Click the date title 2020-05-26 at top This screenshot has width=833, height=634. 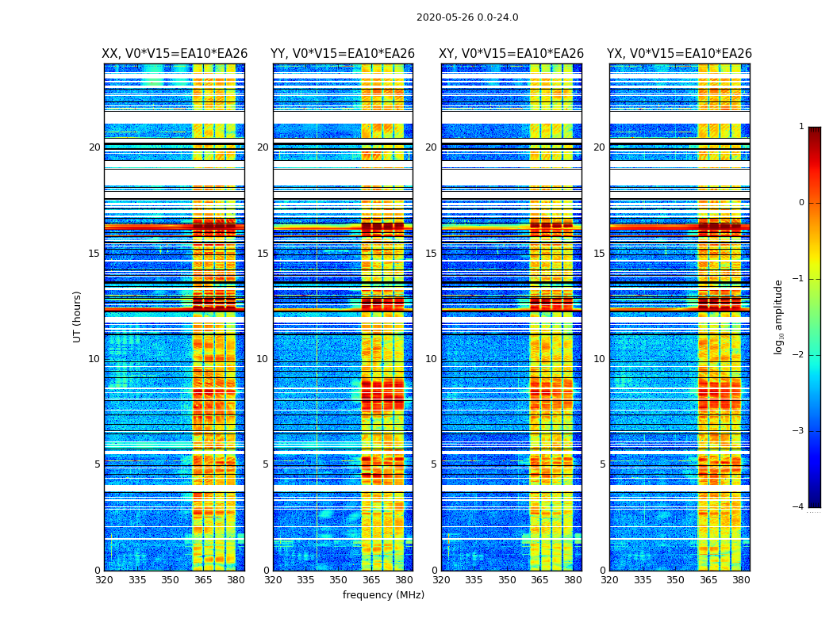tap(466, 17)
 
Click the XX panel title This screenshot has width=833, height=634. tap(175, 54)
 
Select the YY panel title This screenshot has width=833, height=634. tap(343, 54)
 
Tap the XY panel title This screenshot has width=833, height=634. tap(511, 54)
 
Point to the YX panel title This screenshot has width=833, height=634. tap(679, 54)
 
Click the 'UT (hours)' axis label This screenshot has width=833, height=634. tap(78, 316)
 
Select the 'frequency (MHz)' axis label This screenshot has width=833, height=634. tap(383, 595)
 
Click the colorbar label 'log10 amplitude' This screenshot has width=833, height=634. tap(779, 316)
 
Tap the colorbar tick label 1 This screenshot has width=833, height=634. tap(801, 127)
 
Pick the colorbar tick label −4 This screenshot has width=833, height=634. tap(799, 507)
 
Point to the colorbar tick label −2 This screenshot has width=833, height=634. tap(799, 355)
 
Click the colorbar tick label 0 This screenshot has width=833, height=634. tap(801, 203)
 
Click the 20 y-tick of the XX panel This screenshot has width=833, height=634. tap(94, 147)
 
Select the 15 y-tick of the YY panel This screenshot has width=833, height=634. tap(263, 254)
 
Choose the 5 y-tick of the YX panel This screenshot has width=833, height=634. tap(602, 464)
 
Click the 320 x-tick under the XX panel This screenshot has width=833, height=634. tap(104, 580)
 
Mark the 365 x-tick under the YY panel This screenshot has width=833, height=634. tap(371, 580)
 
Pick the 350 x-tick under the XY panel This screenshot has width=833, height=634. tap(507, 580)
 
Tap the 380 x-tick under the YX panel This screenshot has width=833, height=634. tap(741, 580)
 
